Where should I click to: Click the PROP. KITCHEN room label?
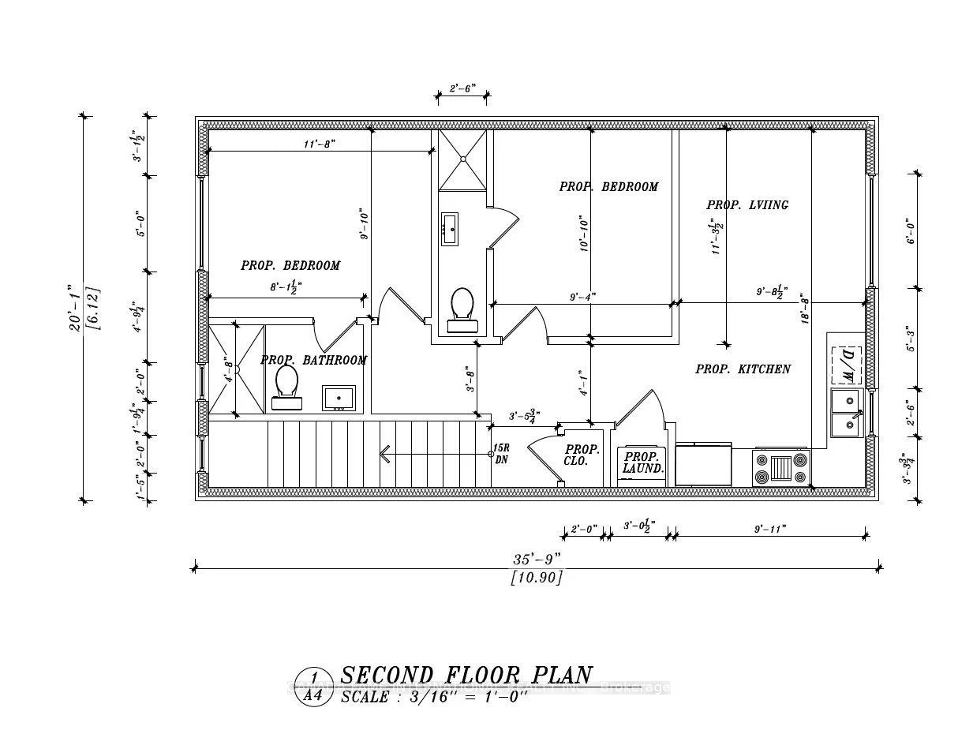pos(743,369)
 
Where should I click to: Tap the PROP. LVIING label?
pos(747,205)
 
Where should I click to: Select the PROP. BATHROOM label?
pos(313,361)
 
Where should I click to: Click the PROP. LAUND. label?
pos(642,462)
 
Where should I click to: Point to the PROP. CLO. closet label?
pos(582,455)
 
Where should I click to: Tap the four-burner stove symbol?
pos(782,466)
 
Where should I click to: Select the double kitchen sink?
pos(847,413)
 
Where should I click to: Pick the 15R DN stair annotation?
pos(500,454)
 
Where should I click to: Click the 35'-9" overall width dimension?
pos(537,559)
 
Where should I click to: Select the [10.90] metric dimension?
pos(537,578)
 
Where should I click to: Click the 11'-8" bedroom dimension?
pos(318,144)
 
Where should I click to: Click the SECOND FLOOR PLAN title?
pos(466,676)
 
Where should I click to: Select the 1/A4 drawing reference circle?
pos(314,685)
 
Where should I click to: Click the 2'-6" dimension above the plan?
pos(462,89)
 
